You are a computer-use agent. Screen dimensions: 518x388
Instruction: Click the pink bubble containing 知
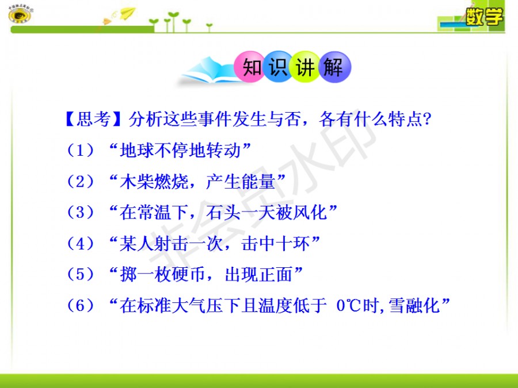click(250, 67)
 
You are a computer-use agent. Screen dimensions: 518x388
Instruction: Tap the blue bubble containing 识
click(278, 67)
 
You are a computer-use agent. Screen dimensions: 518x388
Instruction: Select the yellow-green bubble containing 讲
click(305, 67)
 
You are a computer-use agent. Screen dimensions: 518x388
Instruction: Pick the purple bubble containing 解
click(334, 67)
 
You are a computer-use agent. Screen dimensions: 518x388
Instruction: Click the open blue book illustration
click(208, 71)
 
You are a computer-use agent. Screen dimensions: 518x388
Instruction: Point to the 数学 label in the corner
click(484, 16)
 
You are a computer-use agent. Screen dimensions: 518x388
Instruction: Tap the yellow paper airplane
click(128, 13)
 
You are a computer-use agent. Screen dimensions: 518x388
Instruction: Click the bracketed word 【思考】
click(93, 119)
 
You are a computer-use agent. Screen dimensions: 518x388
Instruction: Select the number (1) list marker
click(80, 150)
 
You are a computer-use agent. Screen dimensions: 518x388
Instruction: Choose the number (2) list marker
click(80, 181)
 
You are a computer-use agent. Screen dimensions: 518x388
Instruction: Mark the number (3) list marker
click(80, 212)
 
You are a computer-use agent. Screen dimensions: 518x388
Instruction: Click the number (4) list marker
click(80, 244)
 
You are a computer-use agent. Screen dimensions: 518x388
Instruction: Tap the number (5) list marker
click(80, 275)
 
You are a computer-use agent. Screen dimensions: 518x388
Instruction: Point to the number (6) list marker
click(80, 306)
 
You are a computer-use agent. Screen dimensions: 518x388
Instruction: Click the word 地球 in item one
click(136, 150)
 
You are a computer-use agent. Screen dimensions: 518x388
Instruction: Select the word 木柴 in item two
click(136, 181)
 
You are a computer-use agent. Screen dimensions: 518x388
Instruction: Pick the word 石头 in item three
click(223, 212)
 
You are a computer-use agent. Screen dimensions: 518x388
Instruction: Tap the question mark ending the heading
click(427, 119)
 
